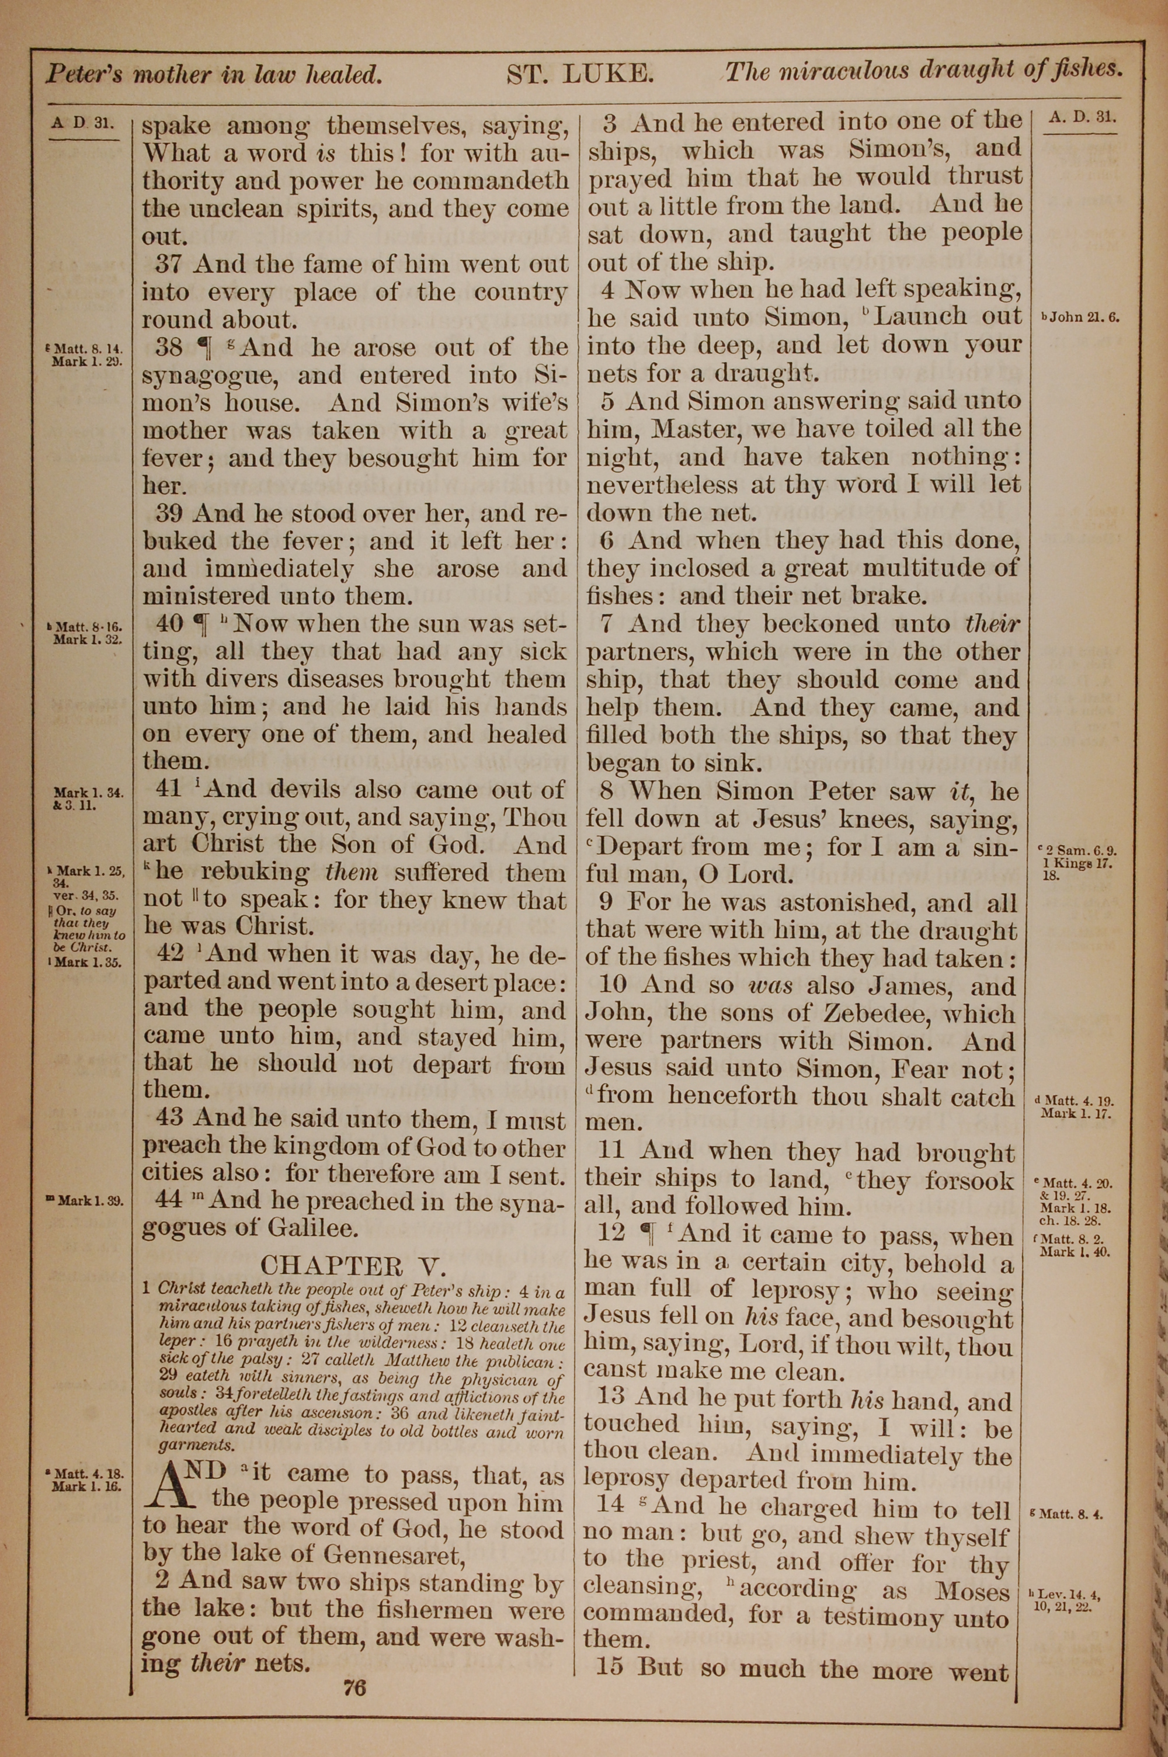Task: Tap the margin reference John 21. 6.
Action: coord(1082,317)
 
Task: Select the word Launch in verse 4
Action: coord(921,317)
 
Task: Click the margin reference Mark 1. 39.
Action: coord(89,1200)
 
